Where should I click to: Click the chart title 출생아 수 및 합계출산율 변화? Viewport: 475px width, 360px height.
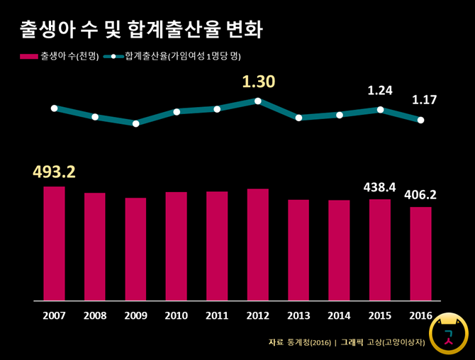[x=142, y=30]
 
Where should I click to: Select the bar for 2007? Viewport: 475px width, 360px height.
[x=54, y=243]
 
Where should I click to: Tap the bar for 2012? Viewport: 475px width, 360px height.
[x=258, y=244]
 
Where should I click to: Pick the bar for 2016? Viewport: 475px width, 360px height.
[x=420, y=253]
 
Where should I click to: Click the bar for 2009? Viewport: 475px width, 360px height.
[x=135, y=249]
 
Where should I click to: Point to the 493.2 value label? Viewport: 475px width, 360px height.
[x=54, y=171]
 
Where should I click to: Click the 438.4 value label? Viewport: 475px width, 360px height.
[x=380, y=187]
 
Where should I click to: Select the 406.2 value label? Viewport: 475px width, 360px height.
[x=420, y=194]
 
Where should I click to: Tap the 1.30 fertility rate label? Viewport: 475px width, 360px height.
[x=258, y=82]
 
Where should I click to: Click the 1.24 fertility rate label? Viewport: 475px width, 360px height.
[x=380, y=91]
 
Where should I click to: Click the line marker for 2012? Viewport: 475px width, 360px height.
[x=258, y=101]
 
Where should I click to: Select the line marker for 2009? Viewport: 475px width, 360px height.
[x=135, y=123]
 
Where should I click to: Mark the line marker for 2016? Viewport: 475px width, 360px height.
[x=421, y=120]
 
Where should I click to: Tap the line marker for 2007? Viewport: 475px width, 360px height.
[x=54, y=108]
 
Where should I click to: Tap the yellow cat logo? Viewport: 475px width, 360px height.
[x=449, y=332]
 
